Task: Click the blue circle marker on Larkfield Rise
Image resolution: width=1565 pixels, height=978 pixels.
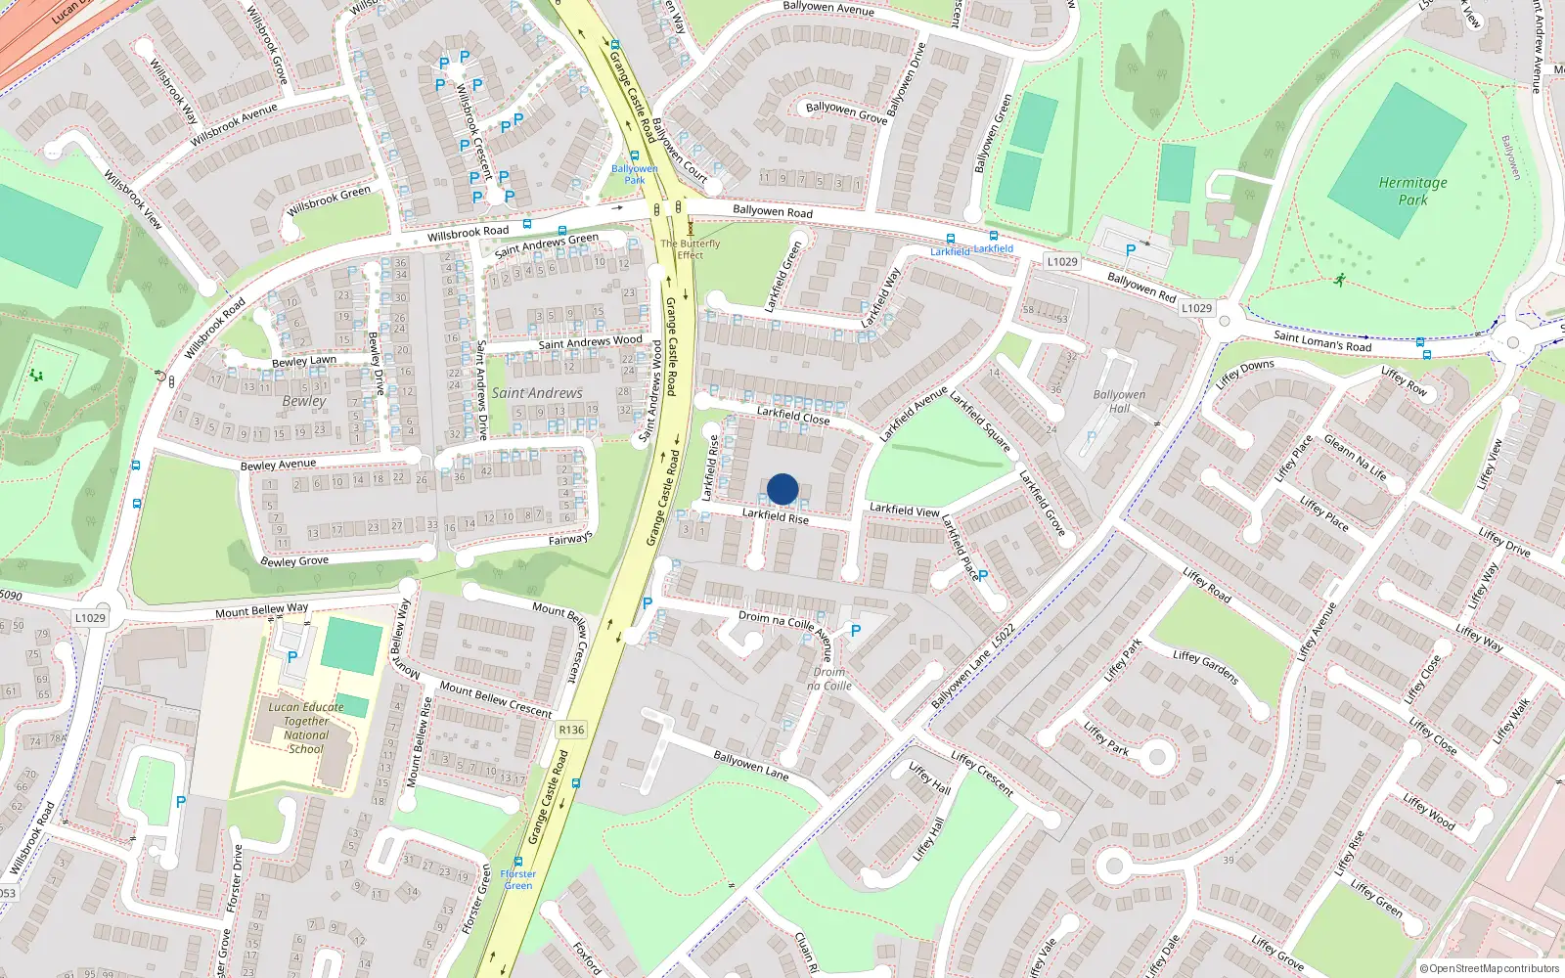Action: (782, 489)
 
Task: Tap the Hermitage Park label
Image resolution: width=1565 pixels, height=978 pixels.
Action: (1412, 191)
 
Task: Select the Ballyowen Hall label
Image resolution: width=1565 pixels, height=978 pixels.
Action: (1119, 402)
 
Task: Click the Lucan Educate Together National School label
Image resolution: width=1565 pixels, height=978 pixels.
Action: (306, 728)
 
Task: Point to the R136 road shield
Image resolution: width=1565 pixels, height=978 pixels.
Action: (571, 730)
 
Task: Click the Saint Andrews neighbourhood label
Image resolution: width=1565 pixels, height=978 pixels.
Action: (537, 393)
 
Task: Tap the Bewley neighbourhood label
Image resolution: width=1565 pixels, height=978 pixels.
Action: (304, 401)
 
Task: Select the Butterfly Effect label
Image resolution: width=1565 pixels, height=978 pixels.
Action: (691, 249)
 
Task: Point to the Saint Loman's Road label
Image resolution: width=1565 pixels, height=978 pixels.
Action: (1322, 341)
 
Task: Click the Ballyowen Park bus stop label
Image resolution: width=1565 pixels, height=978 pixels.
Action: (635, 174)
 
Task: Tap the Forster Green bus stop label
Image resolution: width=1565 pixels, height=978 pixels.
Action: (518, 879)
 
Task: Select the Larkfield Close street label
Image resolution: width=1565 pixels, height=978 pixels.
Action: (793, 416)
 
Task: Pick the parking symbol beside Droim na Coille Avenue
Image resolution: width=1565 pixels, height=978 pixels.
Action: (856, 631)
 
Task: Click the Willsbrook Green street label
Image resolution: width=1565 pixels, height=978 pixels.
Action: (329, 201)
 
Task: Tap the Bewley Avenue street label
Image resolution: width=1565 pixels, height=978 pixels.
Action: (278, 465)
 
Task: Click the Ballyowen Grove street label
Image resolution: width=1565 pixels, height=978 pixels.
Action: (846, 113)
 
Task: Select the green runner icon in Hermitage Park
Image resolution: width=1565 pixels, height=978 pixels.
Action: (1339, 281)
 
